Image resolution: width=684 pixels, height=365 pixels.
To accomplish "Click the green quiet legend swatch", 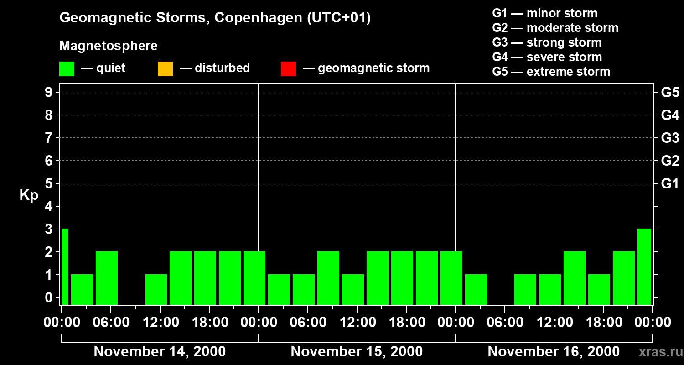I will coord(67,69).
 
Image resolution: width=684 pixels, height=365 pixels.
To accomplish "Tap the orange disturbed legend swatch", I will coord(165,69).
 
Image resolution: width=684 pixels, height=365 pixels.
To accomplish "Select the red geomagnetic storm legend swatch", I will coord(288,69).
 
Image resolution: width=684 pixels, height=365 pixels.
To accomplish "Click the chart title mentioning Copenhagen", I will coord(215,18).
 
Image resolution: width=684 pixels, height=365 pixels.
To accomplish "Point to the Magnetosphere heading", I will coord(109,46).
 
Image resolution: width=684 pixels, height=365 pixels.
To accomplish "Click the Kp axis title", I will coord(29,195).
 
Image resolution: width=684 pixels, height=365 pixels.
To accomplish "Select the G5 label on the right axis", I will coord(670,92).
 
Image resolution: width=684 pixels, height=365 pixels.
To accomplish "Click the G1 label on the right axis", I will coord(670,183).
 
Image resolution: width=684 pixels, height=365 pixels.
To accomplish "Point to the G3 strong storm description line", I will coord(547,42).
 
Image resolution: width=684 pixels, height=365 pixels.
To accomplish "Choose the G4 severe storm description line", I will coord(547,57).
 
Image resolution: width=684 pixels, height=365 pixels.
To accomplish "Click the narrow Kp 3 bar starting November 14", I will coord(65,266).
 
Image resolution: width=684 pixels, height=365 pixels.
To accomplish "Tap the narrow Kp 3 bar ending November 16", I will coord(644,266).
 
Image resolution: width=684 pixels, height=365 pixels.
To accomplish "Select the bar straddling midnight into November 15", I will coord(254,278).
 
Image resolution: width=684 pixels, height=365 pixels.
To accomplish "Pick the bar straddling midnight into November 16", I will coord(451,278).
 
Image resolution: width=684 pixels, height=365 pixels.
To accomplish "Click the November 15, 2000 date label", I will coord(357,352).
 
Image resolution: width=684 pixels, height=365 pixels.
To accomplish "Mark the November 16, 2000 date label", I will coord(554,352).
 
